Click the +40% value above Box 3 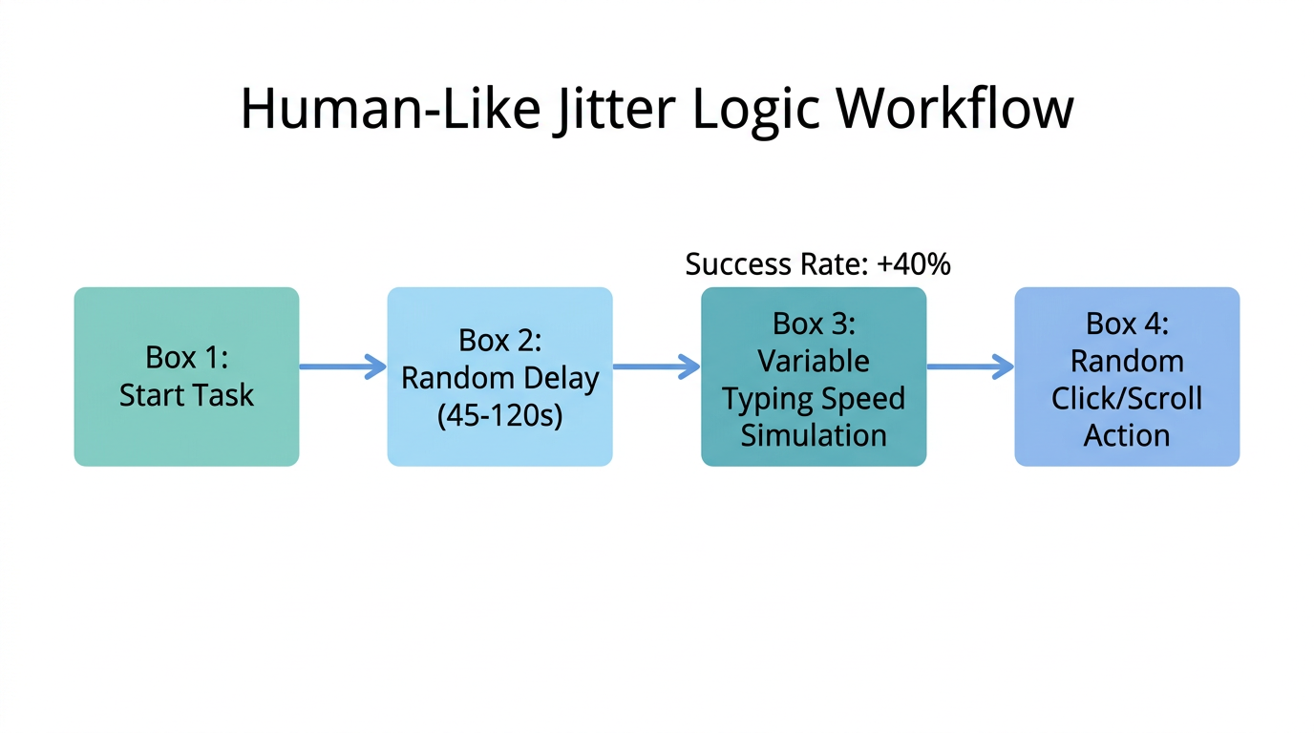(x=913, y=264)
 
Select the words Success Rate (x=776, y=264)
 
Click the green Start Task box (x=186, y=376)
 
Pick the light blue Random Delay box (x=499, y=376)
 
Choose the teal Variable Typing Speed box (x=814, y=376)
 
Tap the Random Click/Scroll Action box (x=1127, y=376)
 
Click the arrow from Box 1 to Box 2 (x=343, y=366)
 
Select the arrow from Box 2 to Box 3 (x=656, y=366)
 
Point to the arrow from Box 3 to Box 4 (x=970, y=366)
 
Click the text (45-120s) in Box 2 (x=499, y=415)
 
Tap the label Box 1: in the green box (x=186, y=357)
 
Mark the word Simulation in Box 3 (x=814, y=435)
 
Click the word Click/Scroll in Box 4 (x=1127, y=398)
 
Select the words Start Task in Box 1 (x=186, y=395)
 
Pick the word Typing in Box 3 (x=762, y=399)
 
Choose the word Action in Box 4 (x=1127, y=435)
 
